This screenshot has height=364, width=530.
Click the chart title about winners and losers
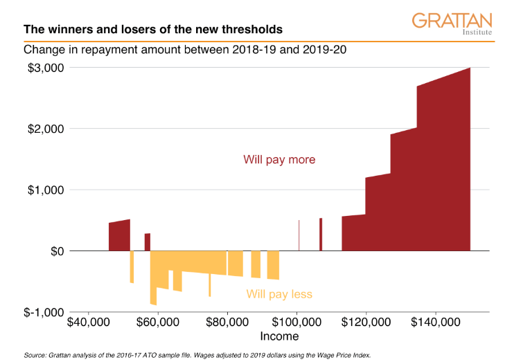click(152, 30)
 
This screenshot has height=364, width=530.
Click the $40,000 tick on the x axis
click(88, 322)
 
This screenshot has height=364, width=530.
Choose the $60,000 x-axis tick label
click(158, 322)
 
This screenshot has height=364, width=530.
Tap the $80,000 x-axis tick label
click(227, 322)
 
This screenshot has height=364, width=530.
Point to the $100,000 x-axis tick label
click(297, 322)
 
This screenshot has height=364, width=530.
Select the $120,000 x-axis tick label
click(366, 322)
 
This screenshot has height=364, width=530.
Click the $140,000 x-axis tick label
click(436, 322)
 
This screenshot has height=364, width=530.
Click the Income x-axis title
click(279, 336)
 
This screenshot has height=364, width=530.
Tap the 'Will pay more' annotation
click(279, 160)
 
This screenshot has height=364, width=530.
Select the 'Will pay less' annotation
click(279, 294)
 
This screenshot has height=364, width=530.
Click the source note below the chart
click(197, 355)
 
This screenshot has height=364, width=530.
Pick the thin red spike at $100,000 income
click(299, 235)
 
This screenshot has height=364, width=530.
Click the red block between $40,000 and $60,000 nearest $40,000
click(119, 237)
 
